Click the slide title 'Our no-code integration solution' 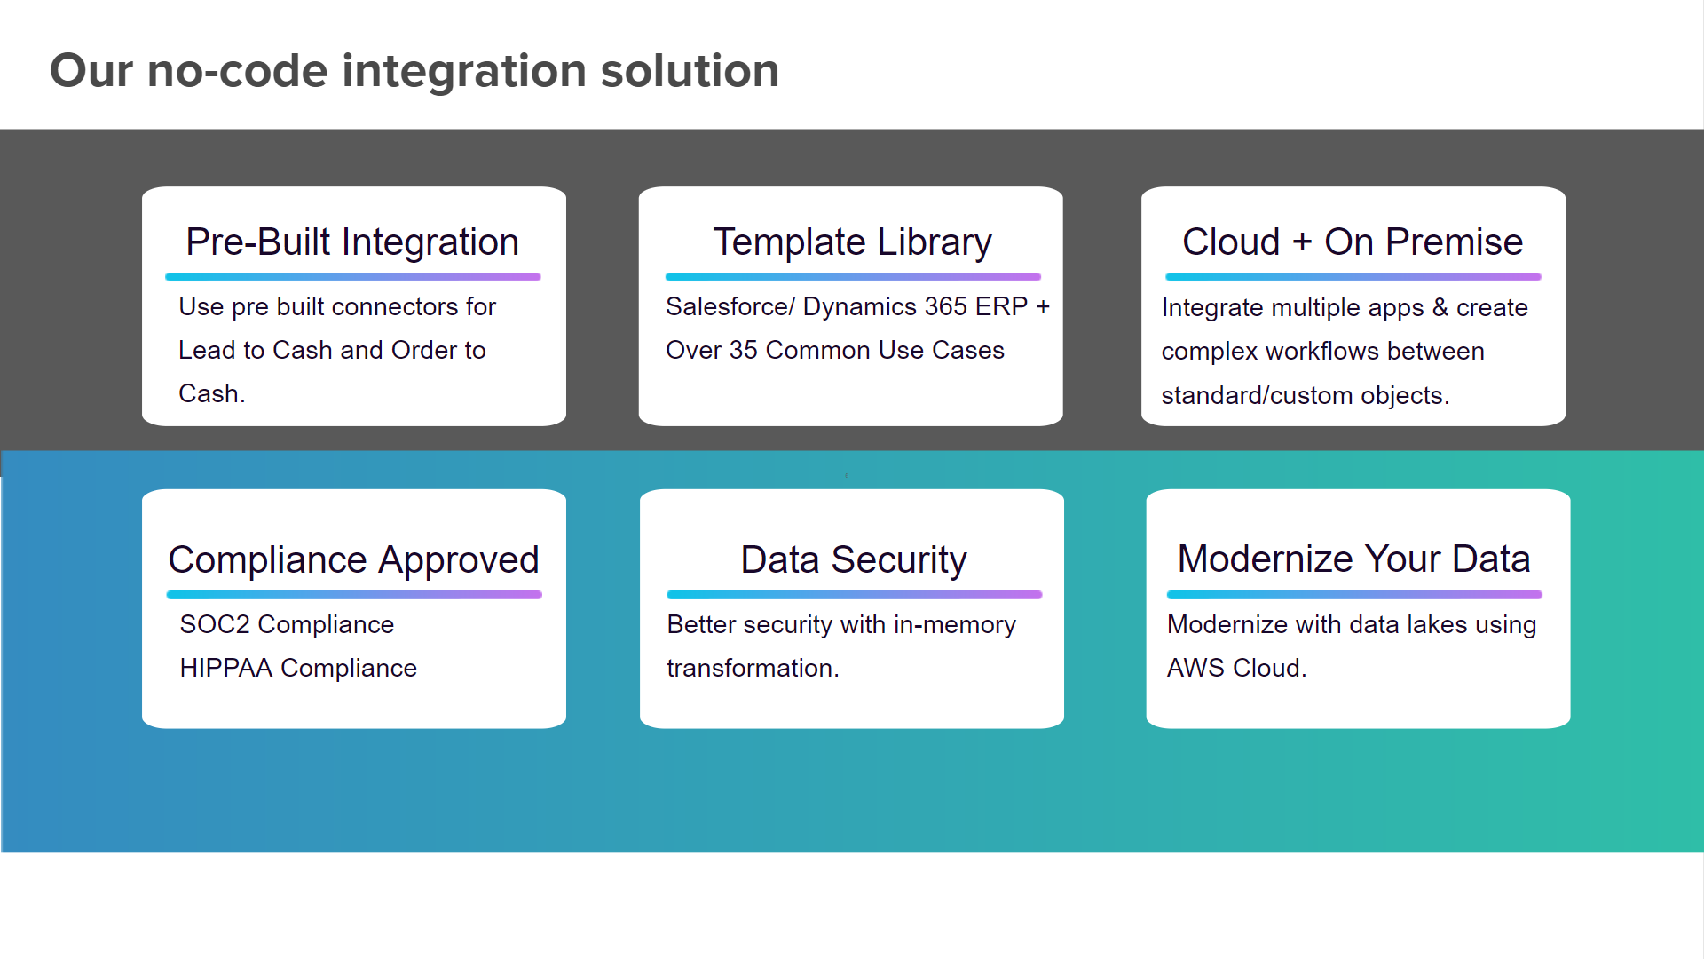click(414, 71)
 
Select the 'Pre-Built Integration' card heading click(352, 242)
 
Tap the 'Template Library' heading click(852, 242)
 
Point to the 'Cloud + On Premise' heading click(1353, 242)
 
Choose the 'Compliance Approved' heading click(353, 560)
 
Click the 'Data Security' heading click(854, 560)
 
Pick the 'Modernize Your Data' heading click(1353, 559)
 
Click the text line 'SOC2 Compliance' click(287, 624)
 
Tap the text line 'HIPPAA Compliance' click(298, 668)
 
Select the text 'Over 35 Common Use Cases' click(835, 350)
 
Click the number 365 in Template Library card click(945, 306)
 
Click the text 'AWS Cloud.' click(1236, 668)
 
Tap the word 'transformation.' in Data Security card click(753, 668)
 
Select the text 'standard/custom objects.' click(1305, 395)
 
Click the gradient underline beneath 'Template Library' click(853, 277)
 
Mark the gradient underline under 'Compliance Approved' click(354, 595)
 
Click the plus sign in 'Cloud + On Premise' click(1302, 242)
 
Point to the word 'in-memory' click(955, 624)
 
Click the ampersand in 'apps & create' click(1440, 307)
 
